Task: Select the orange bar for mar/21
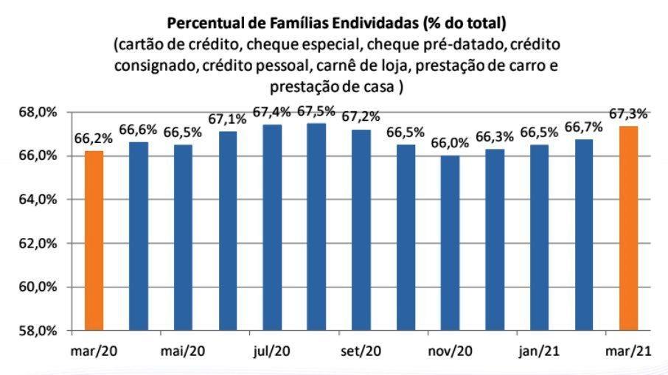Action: [x=628, y=228]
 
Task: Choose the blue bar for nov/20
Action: [x=450, y=242]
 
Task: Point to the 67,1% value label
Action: [x=228, y=119]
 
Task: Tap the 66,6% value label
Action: [x=138, y=130]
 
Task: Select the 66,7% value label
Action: [x=583, y=127]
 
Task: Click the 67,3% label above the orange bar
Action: [x=628, y=113]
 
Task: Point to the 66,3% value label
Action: [x=495, y=137]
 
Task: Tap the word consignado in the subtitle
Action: [x=153, y=65]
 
